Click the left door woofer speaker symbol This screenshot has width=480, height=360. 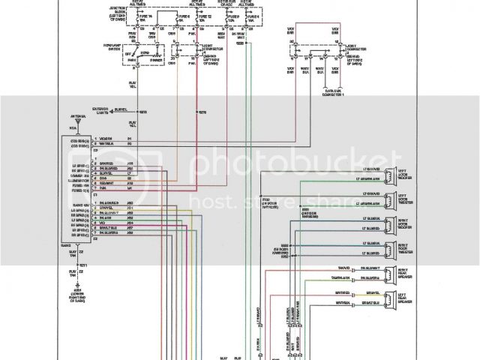coord(391,175)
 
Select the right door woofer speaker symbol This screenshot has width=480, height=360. coord(391,224)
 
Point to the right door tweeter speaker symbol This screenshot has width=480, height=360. coord(391,248)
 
